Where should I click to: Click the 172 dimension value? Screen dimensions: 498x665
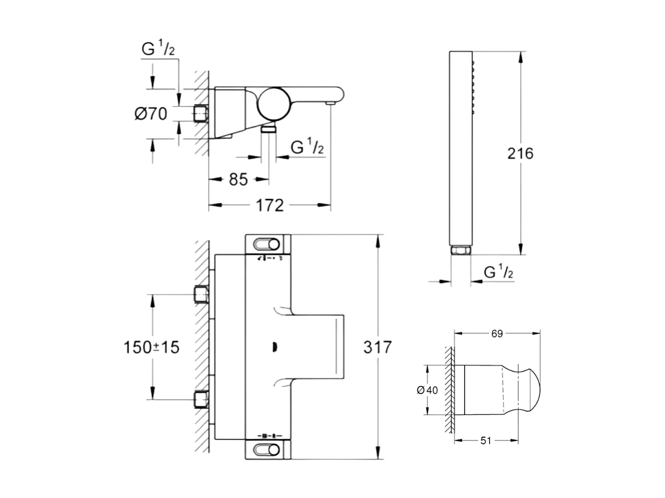[x=271, y=206]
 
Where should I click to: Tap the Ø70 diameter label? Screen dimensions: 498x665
[x=150, y=114]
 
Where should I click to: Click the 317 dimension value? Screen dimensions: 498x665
[x=378, y=348]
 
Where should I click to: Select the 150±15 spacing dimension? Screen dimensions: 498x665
[x=151, y=347]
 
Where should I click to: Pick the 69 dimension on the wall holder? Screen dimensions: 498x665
[x=497, y=333]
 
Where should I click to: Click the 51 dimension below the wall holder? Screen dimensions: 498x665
[x=485, y=441]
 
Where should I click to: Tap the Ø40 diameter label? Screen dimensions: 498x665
[x=426, y=390]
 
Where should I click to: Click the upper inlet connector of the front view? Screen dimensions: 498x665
[x=201, y=295]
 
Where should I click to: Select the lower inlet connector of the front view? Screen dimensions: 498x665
[x=201, y=399]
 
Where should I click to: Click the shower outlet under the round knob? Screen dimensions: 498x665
[x=269, y=129]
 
